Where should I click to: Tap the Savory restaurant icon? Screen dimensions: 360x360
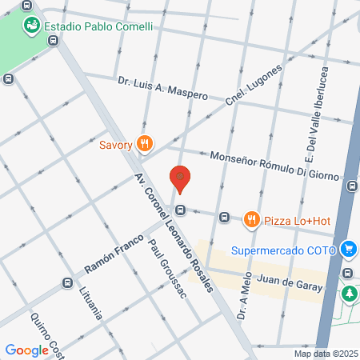(145, 145)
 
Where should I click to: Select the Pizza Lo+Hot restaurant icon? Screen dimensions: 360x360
(252, 218)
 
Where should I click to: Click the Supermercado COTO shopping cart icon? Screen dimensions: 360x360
(348, 249)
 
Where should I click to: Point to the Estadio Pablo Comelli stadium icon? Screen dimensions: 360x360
(32, 25)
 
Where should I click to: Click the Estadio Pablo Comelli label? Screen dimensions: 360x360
(98, 26)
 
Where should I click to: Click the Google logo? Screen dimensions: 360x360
(26, 350)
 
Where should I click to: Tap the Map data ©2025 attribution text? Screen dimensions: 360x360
(326, 353)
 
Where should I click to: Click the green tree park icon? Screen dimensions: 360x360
(350, 294)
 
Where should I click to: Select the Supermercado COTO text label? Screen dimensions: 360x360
(282, 249)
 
